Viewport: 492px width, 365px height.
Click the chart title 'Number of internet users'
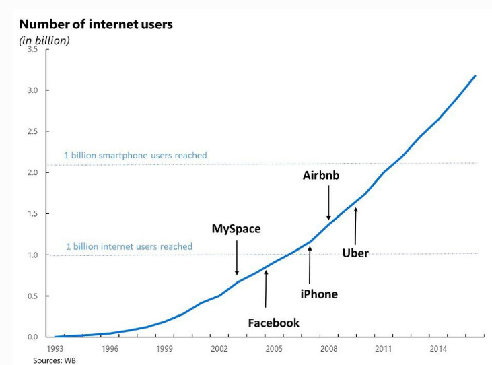click(x=96, y=25)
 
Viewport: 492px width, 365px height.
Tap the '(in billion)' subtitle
click(x=44, y=40)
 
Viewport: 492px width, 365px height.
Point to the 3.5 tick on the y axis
click(x=32, y=49)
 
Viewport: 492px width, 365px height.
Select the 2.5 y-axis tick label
click(x=32, y=131)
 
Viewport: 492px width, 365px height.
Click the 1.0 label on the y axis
click(x=32, y=255)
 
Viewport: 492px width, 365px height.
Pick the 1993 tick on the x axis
click(x=56, y=349)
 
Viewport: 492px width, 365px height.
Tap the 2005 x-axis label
click(x=273, y=349)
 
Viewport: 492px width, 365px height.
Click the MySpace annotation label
click(x=236, y=229)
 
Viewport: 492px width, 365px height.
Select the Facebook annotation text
click(x=273, y=323)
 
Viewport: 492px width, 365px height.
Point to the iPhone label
click(x=318, y=294)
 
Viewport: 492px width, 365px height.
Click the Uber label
click(x=355, y=253)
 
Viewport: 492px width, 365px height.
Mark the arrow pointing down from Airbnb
click(x=328, y=203)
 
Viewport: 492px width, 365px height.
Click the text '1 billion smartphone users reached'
click(x=135, y=155)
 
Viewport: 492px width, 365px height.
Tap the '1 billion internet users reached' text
click(x=129, y=246)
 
